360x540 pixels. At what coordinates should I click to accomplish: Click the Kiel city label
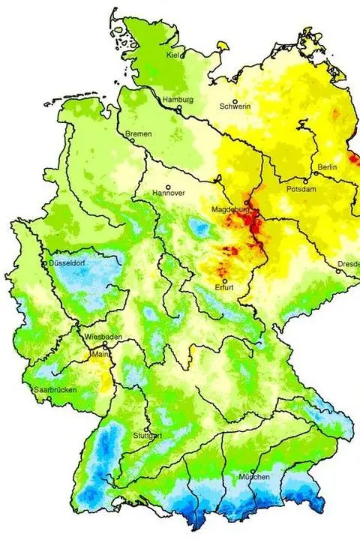click(174, 55)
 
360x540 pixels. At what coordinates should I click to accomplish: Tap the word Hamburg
click(179, 100)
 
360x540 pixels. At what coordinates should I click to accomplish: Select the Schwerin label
click(235, 106)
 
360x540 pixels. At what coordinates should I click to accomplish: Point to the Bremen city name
click(139, 133)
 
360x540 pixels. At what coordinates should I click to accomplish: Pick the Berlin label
click(327, 166)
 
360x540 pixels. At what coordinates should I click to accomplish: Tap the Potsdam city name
click(302, 190)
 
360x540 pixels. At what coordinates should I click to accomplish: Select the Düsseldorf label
click(67, 264)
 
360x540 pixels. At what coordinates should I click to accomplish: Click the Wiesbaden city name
click(103, 337)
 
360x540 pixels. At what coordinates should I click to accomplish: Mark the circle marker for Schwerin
click(235, 102)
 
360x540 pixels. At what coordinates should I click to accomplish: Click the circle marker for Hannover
click(169, 187)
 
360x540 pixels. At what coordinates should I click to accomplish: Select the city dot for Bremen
click(133, 139)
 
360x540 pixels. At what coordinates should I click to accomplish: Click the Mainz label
click(100, 352)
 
